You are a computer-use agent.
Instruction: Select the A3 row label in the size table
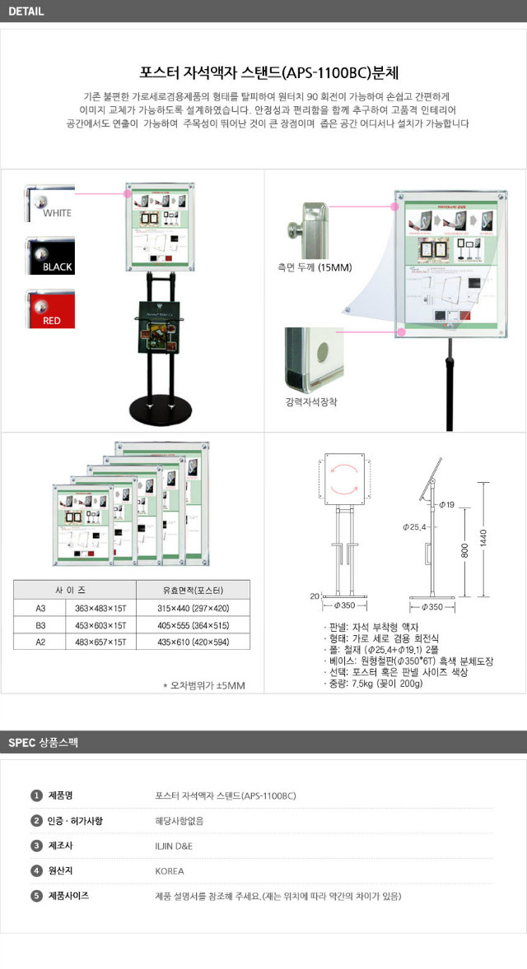[40, 608]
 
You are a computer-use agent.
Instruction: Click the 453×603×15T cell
[100, 624]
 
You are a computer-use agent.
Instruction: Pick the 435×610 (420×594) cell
[194, 641]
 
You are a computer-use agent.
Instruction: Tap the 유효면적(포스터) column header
[194, 590]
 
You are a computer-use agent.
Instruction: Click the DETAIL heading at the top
[26, 12]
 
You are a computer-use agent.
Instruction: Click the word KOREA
[170, 870]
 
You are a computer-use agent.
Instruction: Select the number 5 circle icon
[36, 896]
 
